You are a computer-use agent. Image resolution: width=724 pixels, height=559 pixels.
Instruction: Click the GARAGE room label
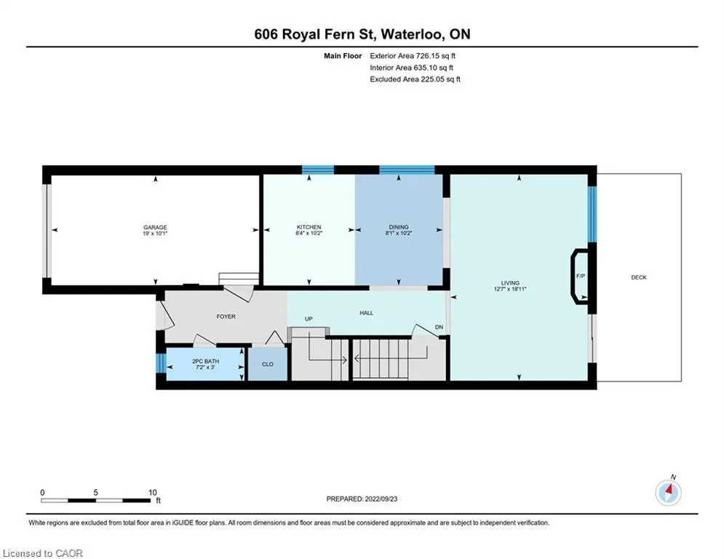click(155, 227)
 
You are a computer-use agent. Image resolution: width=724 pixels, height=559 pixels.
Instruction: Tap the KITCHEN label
click(309, 227)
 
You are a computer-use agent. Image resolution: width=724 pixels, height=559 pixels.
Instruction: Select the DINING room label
click(399, 227)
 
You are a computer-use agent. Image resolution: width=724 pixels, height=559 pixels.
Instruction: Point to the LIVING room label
click(510, 282)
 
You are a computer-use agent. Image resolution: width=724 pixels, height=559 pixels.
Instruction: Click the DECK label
click(639, 277)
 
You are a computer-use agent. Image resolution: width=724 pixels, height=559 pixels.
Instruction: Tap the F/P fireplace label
click(581, 276)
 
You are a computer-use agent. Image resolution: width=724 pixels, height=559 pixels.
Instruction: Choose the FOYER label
click(226, 317)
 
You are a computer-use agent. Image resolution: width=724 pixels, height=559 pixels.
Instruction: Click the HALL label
click(367, 313)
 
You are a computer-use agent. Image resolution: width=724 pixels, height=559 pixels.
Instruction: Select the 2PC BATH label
click(205, 361)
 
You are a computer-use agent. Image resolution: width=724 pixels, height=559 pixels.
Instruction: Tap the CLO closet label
click(268, 364)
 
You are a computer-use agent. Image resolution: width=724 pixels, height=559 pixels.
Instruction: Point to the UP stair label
click(309, 319)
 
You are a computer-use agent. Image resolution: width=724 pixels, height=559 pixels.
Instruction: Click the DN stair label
click(439, 327)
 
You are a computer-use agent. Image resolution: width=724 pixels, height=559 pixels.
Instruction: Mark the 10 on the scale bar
click(152, 493)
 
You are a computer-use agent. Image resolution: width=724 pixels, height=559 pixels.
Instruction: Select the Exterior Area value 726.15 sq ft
click(436, 56)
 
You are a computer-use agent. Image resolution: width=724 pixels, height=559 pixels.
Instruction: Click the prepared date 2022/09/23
click(381, 499)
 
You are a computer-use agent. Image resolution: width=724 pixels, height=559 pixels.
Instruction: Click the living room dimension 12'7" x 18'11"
click(510, 289)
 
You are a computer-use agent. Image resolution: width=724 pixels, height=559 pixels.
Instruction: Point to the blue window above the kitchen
click(318, 170)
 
